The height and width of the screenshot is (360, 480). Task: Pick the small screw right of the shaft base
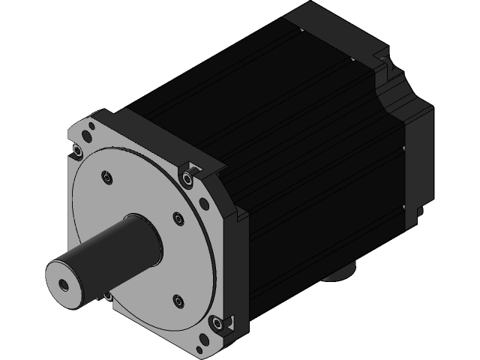point(178,218)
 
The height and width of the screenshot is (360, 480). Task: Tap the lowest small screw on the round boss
point(178,301)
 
